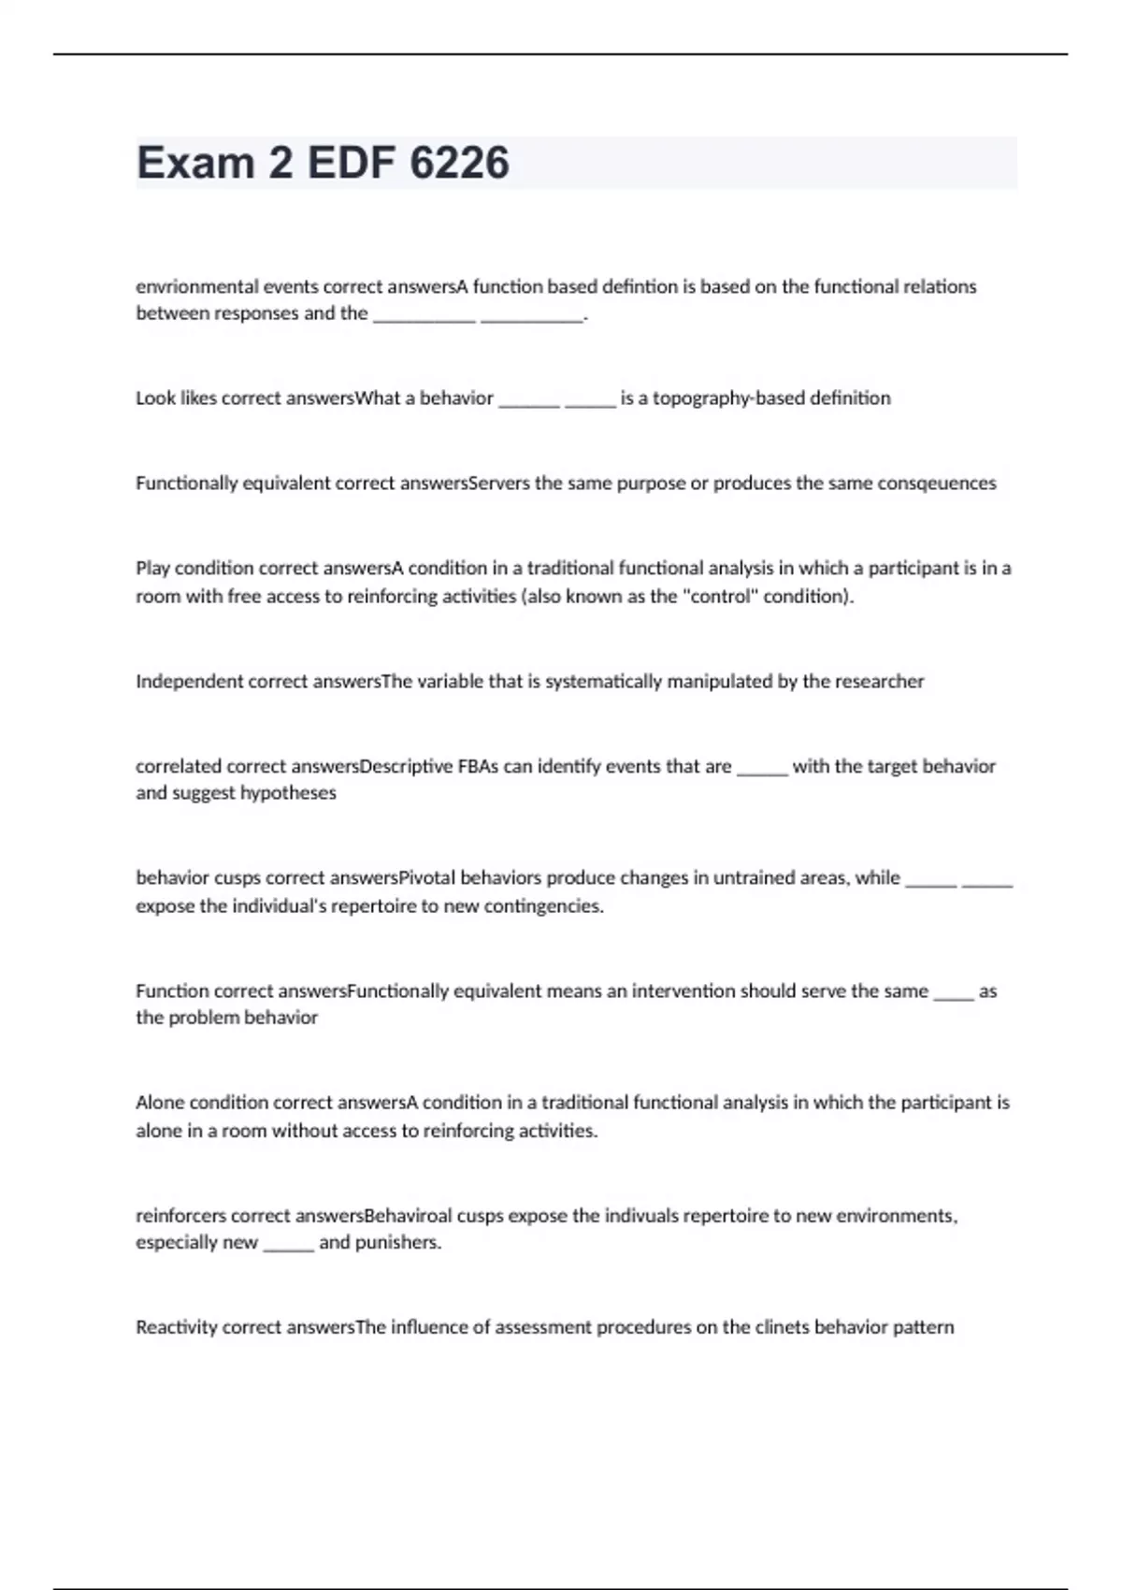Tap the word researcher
(878, 682)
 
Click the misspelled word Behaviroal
(408, 1216)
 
